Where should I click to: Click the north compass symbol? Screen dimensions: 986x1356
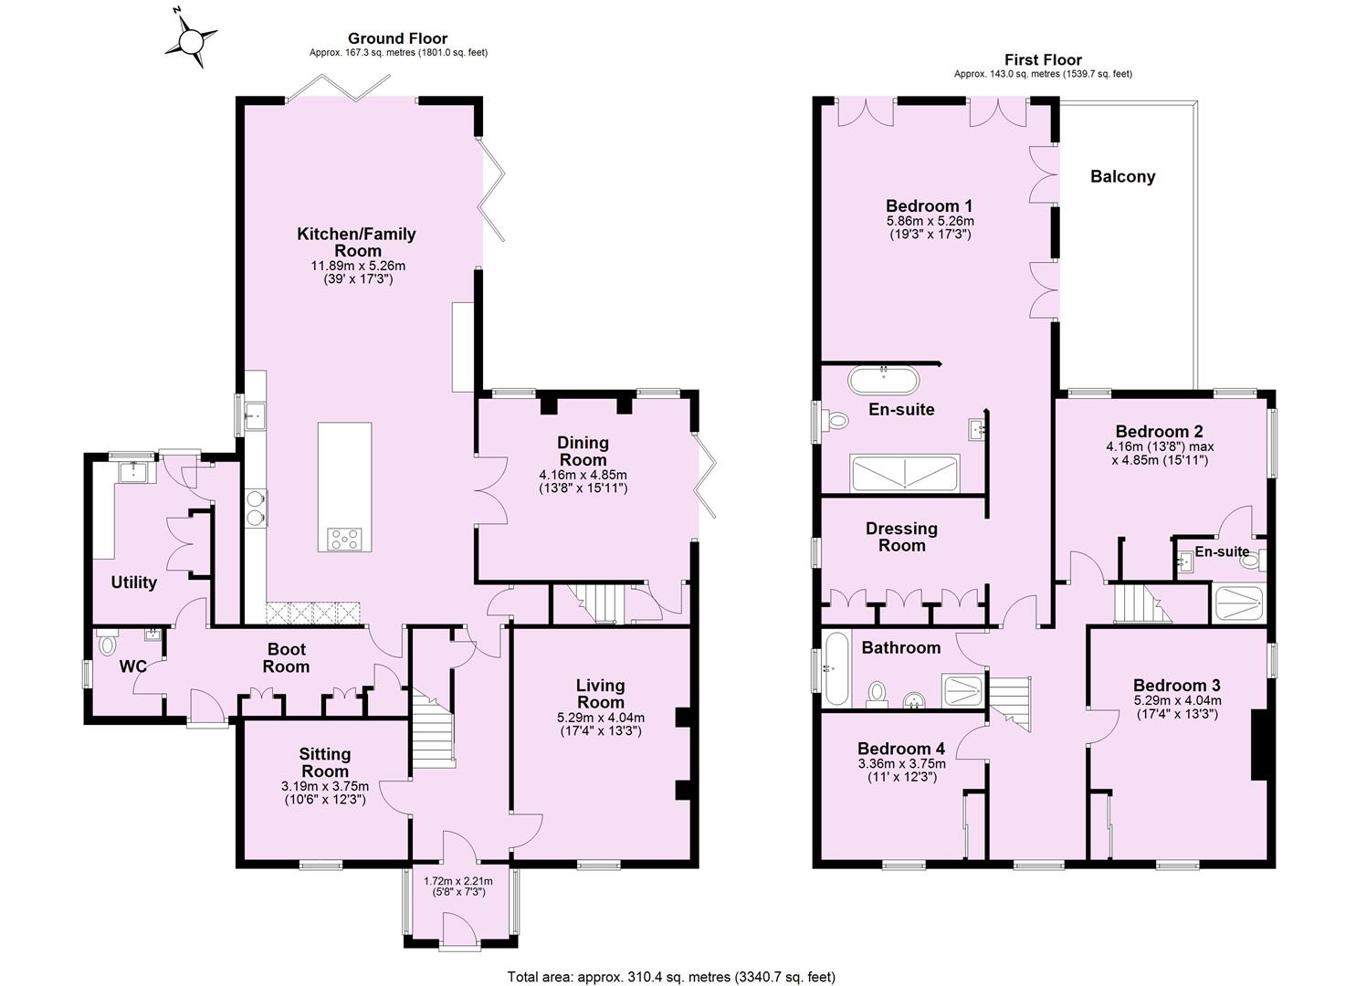(193, 40)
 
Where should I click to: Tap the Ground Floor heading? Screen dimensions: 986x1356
(397, 38)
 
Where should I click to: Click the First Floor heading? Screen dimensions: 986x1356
(1043, 59)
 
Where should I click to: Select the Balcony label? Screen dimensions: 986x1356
(1122, 177)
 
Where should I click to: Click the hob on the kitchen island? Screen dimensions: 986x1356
(345, 539)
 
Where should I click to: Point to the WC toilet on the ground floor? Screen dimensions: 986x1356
(106, 645)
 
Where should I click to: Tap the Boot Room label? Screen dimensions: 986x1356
(286, 658)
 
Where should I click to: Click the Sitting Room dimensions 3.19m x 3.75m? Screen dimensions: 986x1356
(325, 786)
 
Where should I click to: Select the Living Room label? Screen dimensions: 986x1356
(600, 693)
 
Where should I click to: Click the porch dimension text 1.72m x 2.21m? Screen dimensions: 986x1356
(458, 881)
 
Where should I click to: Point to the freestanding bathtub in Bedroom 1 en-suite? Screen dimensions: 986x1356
(883, 379)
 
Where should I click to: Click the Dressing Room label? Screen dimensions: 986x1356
(901, 537)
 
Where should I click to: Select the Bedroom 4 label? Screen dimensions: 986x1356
(901, 749)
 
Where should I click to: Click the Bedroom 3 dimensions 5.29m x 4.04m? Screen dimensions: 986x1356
(1176, 701)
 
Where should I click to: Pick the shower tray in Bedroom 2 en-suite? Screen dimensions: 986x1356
(1238, 603)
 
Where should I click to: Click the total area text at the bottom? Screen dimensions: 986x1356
(671, 977)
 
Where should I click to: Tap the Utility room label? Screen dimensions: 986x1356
(133, 582)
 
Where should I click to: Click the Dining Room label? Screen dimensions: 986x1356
(583, 451)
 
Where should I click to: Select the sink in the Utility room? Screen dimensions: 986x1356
(134, 473)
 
